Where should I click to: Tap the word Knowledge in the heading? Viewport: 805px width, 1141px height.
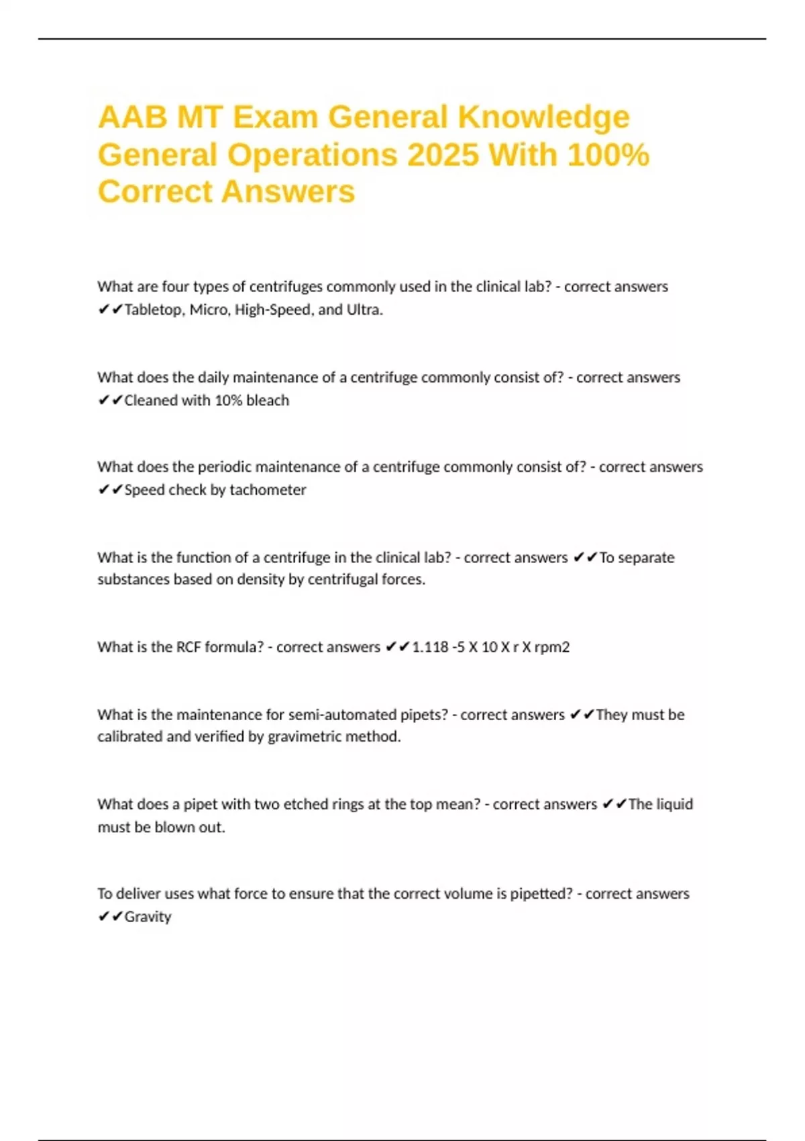[543, 117]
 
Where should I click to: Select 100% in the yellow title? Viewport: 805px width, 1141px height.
[608, 155]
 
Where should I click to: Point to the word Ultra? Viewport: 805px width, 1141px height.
[364, 310]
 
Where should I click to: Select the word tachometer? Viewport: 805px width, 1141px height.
[268, 490]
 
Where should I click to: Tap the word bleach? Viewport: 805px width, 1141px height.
[268, 401]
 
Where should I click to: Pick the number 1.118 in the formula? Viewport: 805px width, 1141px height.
[430, 647]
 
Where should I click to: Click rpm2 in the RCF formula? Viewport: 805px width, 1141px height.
[551, 647]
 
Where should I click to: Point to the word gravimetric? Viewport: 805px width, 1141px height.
[305, 737]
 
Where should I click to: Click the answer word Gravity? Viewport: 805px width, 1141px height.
[148, 917]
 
